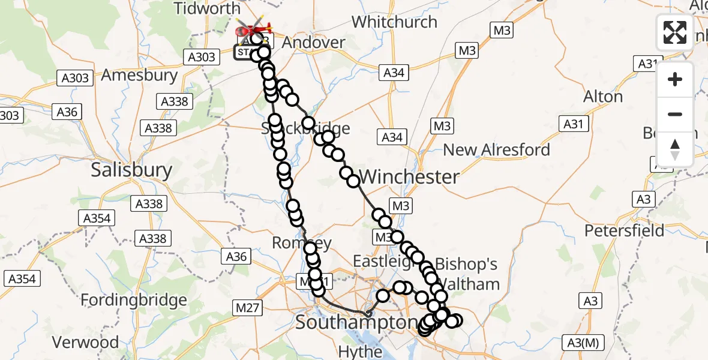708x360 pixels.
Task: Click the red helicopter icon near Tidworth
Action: coord(254,28)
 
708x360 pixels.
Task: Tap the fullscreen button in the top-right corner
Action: coord(675,32)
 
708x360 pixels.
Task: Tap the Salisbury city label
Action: coord(131,170)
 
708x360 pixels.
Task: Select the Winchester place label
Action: coord(410,176)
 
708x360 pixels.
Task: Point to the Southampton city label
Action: coord(356,323)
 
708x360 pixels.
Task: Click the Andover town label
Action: coord(314,43)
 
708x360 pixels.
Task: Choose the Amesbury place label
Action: coord(140,76)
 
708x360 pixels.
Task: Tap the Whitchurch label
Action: coord(394,22)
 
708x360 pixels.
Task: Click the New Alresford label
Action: coord(496,149)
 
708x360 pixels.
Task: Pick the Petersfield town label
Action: coord(625,230)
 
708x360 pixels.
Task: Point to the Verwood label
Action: coord(85,343)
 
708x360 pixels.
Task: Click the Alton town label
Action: coord(603,97)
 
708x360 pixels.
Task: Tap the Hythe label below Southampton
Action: coord(360,352)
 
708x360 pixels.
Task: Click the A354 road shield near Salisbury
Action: coord(97,218)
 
